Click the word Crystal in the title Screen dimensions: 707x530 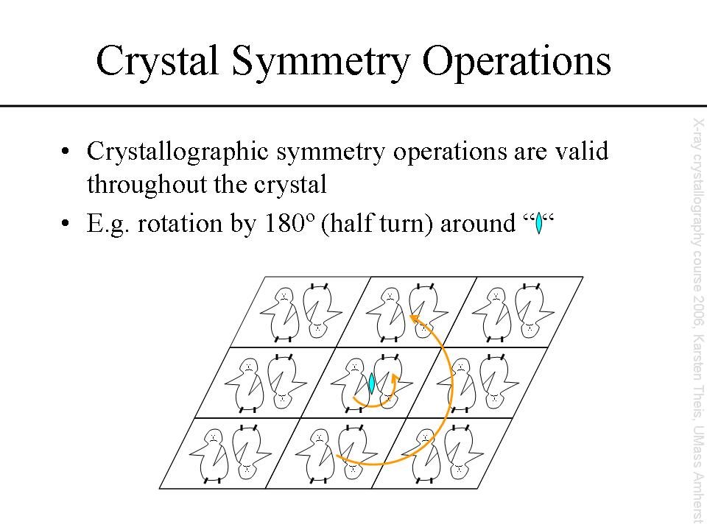(x=158, y=60)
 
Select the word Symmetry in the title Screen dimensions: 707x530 (x=320, y=63)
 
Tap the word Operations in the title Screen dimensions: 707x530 (x=517, y=63)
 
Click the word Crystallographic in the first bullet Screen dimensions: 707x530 (x=177, y=152)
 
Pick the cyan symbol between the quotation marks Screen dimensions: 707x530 (x=538, y=223)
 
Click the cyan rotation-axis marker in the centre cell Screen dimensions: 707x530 (x=371, y=383)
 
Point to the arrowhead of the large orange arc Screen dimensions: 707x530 (x=414, y=319)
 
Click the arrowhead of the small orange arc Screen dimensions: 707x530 (x=396, y=378)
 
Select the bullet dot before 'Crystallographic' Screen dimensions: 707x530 (x=66, y=151)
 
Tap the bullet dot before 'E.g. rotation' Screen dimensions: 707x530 (x=66, y=223)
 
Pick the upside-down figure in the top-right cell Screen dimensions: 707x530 (x=533, y=311)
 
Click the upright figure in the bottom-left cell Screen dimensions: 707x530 (x=210, y=456)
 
